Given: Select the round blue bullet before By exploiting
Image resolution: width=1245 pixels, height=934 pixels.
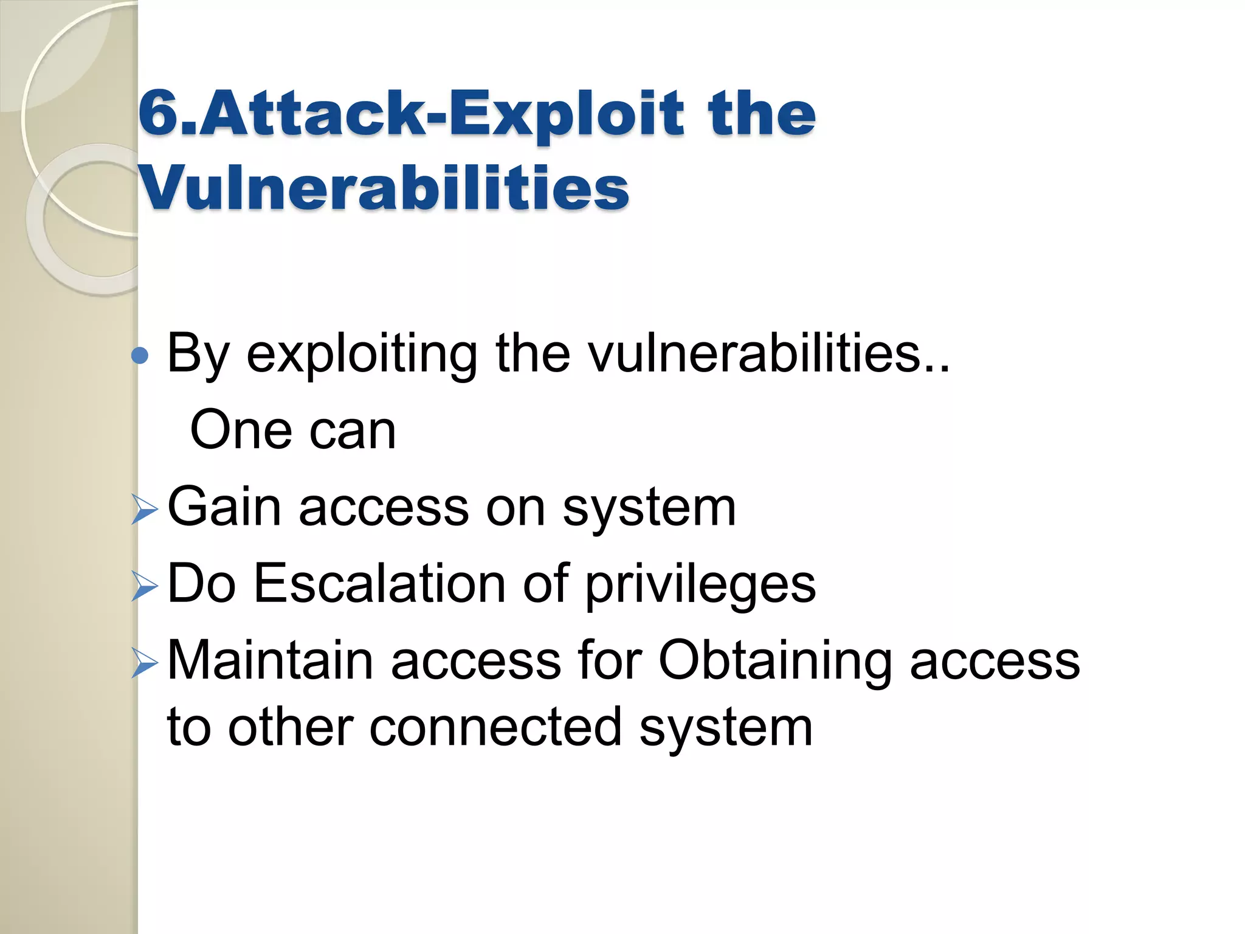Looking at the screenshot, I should (x=140, y=356).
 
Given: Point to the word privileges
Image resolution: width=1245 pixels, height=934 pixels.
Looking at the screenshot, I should (x=700, y=586).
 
